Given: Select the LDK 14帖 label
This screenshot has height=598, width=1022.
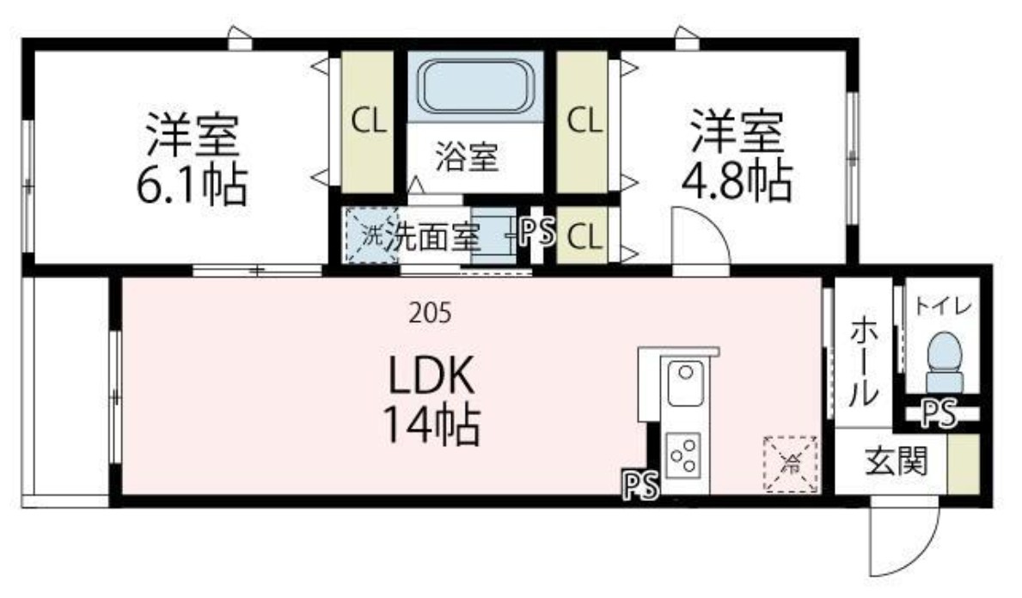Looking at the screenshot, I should [430, 400].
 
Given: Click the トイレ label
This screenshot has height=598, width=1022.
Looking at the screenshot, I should [943, 305].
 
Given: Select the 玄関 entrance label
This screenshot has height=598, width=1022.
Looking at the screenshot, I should [896, 464].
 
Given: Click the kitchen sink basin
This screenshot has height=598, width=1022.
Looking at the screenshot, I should [685, 384].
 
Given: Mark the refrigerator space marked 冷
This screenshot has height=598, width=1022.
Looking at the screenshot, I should [790, 465].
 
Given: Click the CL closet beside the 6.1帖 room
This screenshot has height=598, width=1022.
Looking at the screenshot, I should [367, 121].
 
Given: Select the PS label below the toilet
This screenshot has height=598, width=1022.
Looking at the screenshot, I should [939, 415].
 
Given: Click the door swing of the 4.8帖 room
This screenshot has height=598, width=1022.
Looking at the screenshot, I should [701, 241].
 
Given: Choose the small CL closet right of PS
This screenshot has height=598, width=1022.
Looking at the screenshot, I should [583, 235].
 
